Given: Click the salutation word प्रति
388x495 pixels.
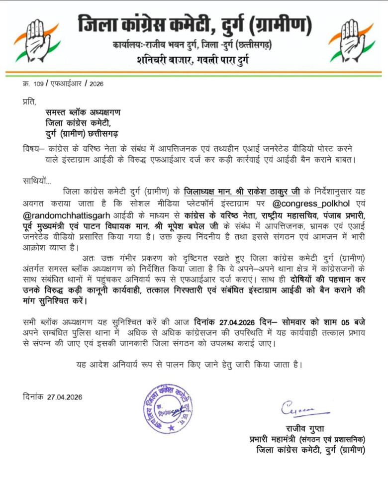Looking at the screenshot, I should coord(29,102).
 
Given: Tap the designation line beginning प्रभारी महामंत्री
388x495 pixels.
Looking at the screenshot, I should coord(307,439).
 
